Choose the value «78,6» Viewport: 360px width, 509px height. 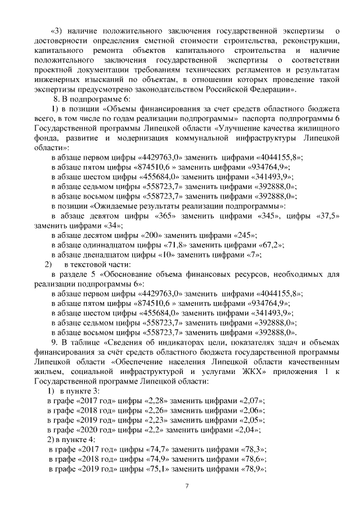coord(251,459)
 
